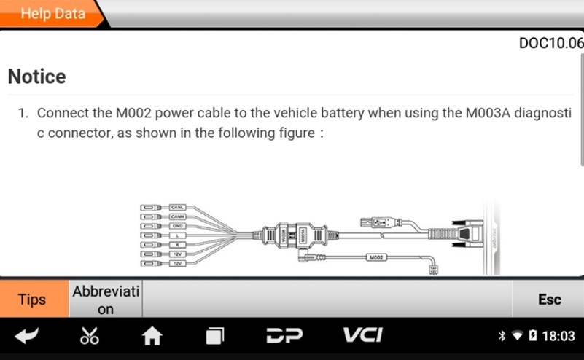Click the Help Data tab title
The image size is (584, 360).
[x=52, y=13]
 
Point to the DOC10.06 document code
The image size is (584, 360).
[x=551, y=44]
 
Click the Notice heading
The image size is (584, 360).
[x=36, y=77]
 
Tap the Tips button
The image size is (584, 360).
[x=32, y=300]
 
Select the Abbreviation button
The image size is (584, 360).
[x=106, y=300]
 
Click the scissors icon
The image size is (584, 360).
[x=90, y=336]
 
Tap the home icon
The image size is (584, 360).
[x=152, y=336]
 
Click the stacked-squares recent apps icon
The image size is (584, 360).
[x=214, y=336]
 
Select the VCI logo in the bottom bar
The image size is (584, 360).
[x=362, y=336]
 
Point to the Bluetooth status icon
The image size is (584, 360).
[x=502, y=337]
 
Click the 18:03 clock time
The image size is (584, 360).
[x=558, y=337]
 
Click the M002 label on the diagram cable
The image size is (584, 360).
[x=376, y=257]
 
